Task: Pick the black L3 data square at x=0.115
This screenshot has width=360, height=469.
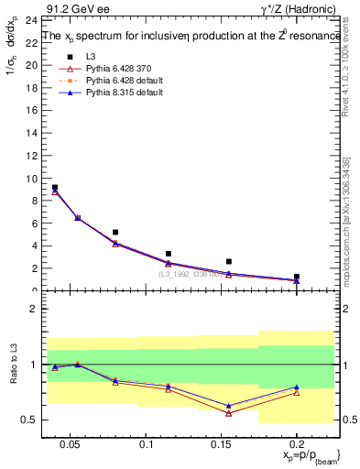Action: [x=169, y=254]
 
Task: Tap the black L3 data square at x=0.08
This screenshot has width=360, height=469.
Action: [x=115, y=233]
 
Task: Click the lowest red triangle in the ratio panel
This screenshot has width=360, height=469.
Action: [x=228, y=413]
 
